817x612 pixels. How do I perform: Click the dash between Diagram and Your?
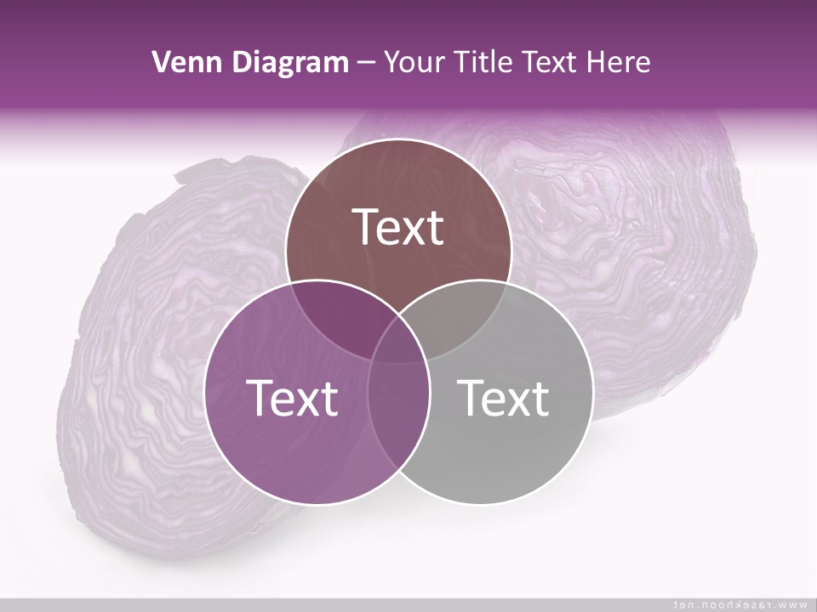pos(366,63)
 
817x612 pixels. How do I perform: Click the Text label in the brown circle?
pos(398,227)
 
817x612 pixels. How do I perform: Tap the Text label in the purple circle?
pos(292,398)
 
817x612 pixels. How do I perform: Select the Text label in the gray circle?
pos(503,398)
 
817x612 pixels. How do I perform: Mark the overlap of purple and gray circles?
pos(398,408)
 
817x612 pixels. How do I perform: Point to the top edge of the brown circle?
pos(398,140)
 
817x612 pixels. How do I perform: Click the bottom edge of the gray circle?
pos(480,505)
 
